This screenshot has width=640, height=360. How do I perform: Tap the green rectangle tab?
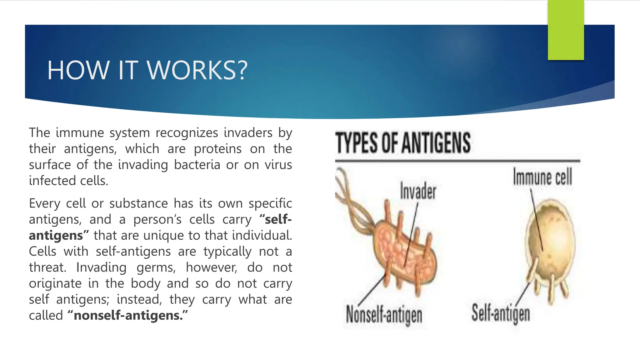coord(566,30)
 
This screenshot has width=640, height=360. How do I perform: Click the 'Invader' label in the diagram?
coord(418,191)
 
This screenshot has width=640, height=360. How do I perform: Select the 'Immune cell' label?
coord(542,177)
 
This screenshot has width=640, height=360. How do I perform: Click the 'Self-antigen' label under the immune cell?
coord(501,313)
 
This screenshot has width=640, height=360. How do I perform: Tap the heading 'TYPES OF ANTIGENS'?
coord(403,143)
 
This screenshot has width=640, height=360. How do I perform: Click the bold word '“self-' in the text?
coord(276,219)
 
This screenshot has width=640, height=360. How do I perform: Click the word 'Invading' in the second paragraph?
coord(101,267)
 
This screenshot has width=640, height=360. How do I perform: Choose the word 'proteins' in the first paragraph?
coord(217,149)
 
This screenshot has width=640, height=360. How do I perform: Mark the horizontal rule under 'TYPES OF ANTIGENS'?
coord(457,161)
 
